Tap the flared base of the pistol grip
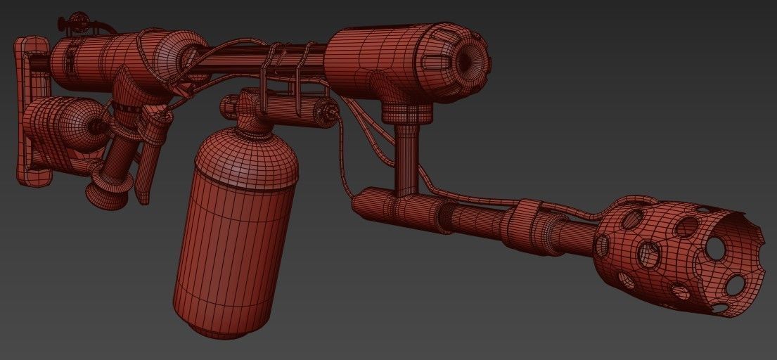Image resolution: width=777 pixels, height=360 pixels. coord(109,190)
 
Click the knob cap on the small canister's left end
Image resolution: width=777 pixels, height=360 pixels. coord(228,108)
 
